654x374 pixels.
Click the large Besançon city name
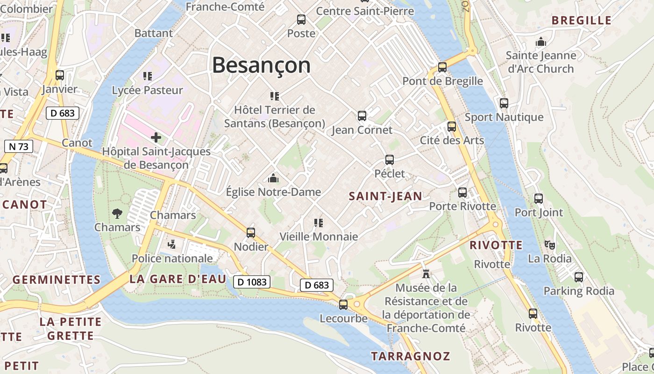click(261, 65)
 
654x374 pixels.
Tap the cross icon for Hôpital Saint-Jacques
click(156, 137)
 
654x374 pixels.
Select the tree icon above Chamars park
click(117, 214)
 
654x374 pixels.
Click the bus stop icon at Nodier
click(251, 232)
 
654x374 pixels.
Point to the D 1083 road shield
click(252, 281)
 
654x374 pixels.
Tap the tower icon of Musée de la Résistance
click(426, 273)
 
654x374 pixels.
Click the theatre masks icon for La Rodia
click(549, 244)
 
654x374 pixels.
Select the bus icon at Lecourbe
click(343, 304)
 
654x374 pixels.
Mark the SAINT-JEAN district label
click(385, 196)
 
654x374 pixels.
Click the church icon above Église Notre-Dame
click(273, 178)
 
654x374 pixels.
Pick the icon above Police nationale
click(172, 244)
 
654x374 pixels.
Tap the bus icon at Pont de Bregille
click(442, 67)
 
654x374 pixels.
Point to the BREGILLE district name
click(581, 20)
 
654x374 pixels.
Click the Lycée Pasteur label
click(148, 90)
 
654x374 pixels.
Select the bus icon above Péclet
click(390, 160)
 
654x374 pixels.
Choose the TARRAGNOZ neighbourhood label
click(410, 356)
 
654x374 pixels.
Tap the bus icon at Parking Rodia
click(579, 277)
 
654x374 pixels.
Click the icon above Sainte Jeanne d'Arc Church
click(541, 42)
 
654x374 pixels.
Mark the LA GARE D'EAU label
click(178, 279)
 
